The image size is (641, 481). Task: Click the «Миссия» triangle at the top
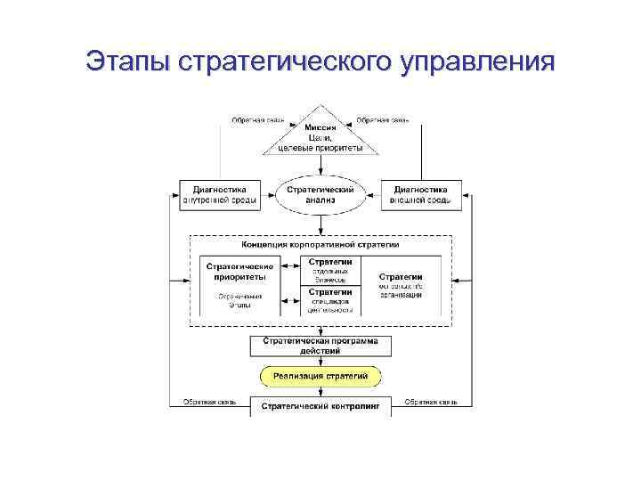(x=320, y=138)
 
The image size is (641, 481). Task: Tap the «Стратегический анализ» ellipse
(x=320, y=195)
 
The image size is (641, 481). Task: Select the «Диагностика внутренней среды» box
(x=220, y=195)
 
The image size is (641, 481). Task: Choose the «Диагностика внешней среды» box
(x=420, y=195)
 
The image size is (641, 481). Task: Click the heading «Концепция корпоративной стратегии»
(x=320, y=244)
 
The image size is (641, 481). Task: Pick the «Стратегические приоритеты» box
(x=239, y=271)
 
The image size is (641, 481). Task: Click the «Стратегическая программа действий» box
(x=320, y=346)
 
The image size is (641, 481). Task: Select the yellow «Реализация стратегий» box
(x=320, y=377)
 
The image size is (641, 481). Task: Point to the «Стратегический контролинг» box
(x=320, y=406)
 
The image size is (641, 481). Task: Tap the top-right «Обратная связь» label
(x=383, y=120)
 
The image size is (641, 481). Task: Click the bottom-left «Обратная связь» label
(x=209, y=403)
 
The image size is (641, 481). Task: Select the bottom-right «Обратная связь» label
(x=431, y=403)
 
